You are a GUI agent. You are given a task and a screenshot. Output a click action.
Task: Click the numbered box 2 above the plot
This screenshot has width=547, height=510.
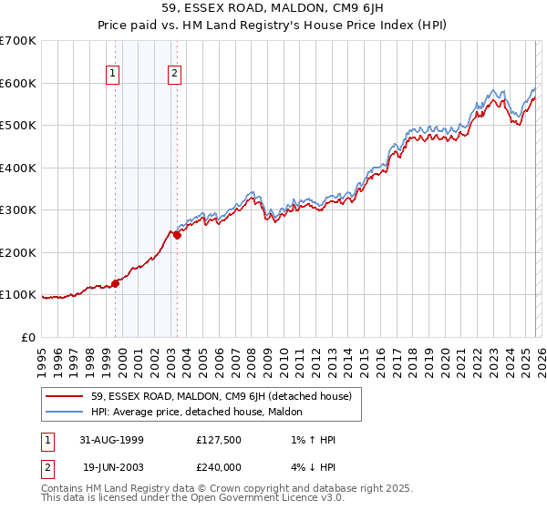(x=174, y=74)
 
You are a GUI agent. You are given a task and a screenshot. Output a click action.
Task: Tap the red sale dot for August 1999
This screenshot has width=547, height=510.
(x=116, y=283)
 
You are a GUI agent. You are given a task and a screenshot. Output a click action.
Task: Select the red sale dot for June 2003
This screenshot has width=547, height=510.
(x=177, y=235)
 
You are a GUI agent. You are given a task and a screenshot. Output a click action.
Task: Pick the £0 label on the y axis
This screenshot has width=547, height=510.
(x=29, y=337)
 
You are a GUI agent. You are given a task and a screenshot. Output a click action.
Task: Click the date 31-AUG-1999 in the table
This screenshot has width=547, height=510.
(x=111, y=440)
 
